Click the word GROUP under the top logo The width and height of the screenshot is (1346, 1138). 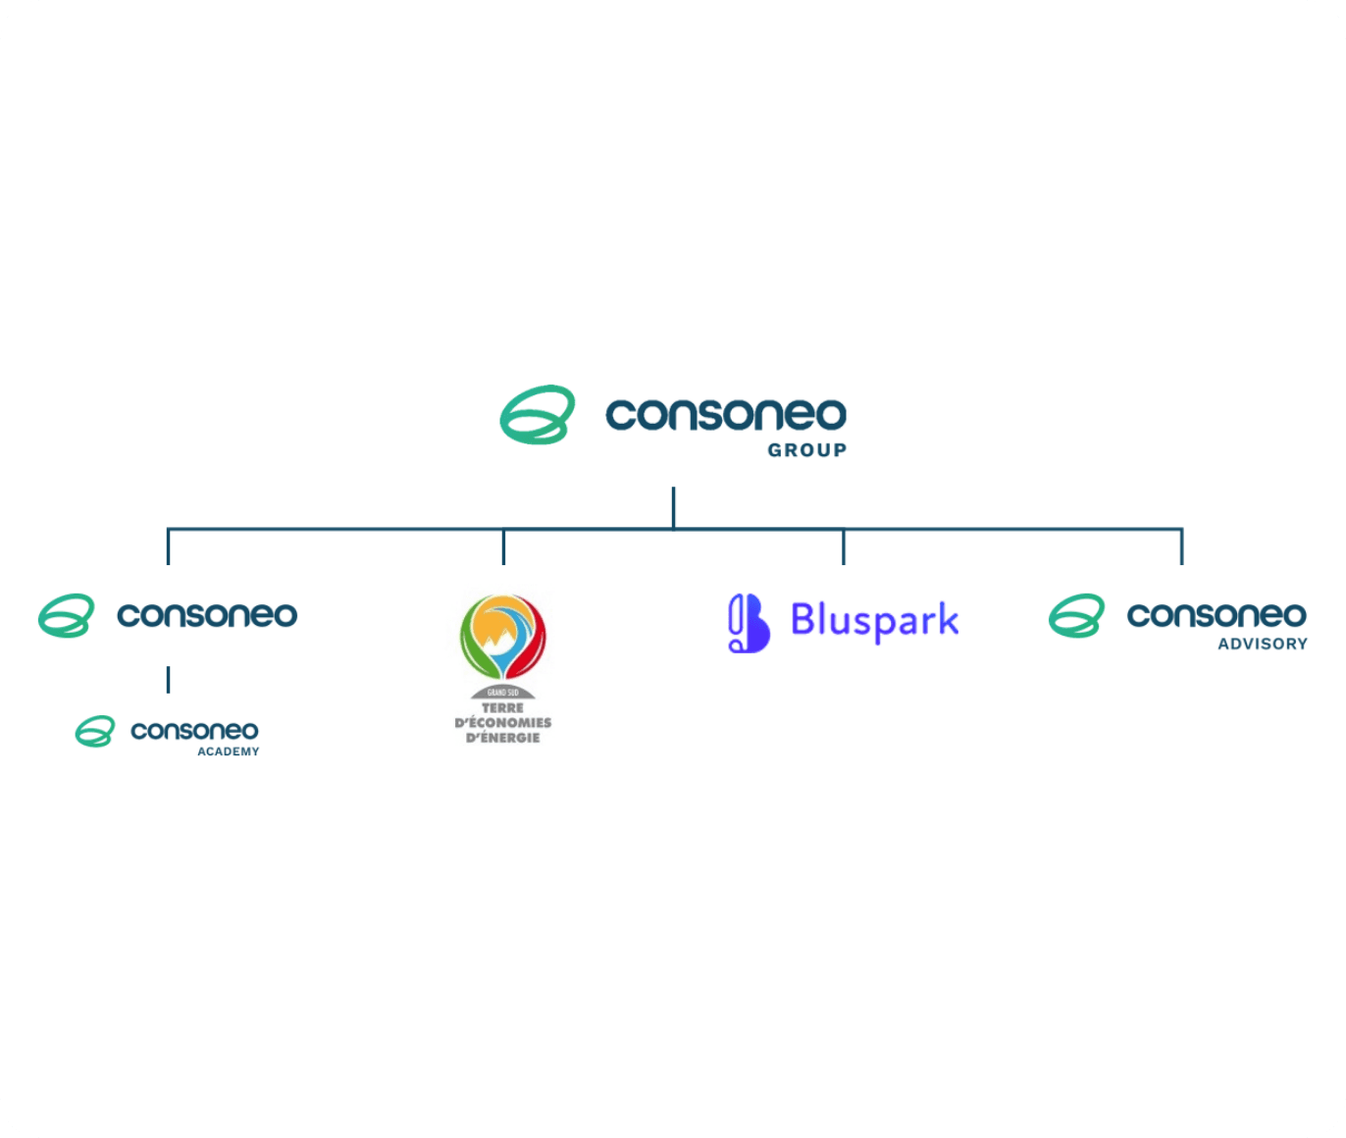click(x=806, y=450)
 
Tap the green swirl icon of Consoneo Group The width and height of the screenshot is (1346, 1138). click(x=537, y=415)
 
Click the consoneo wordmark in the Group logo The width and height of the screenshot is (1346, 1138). click(x=726, y=414)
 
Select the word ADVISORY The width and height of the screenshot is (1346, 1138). click(x=1263, y=645)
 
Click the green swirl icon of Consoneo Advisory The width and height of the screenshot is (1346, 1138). click(x=1076, y=616)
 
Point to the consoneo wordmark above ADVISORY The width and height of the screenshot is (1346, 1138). click(x=1217, y=615)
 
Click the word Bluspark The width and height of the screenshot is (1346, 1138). click(x=874, y=621)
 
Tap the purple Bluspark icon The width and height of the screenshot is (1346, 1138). click(x=748, y=623)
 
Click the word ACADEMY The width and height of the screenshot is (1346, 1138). click(x=229, y=751)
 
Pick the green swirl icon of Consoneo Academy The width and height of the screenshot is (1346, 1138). click(x=95, y=731)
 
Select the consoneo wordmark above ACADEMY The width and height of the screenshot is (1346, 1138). click(x=194, y=731)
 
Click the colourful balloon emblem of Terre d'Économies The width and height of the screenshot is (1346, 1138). click(x=503, y=636)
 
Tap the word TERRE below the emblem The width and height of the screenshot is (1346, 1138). click(x=503, y=707)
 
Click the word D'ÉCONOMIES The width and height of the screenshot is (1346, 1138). click(x=503, y=723)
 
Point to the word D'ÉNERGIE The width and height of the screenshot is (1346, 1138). click(x=503, y=738)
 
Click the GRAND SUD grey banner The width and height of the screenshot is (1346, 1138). click(x=503, y=693)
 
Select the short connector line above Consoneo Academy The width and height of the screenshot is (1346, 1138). click(x=168, y=680)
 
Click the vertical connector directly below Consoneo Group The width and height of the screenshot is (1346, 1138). click(x=673, y=507)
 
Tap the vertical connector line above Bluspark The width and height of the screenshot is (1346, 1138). click(x=843, y=547)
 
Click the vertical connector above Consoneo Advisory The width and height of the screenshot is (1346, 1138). click(x=1181, y=547)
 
